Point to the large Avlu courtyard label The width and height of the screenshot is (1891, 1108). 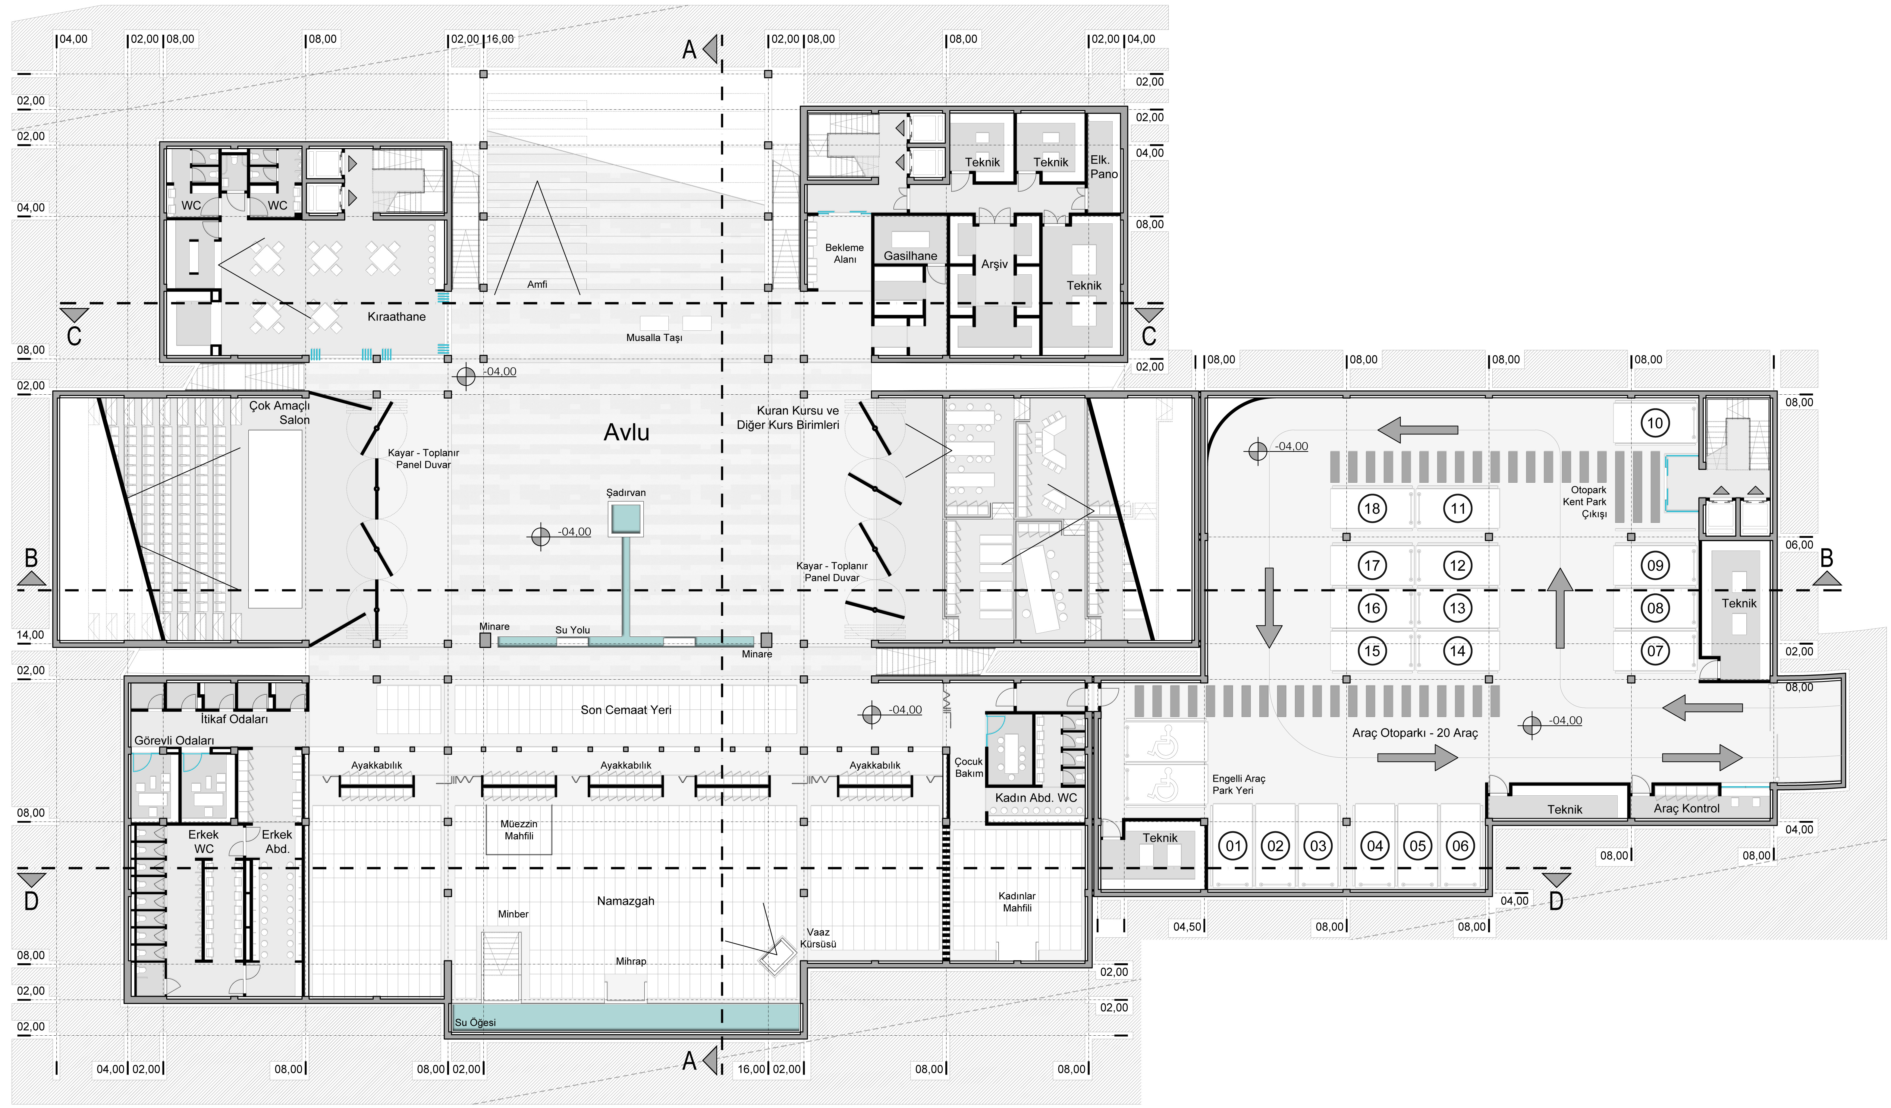click(627, 432)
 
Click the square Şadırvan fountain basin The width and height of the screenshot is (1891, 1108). click(626, 519)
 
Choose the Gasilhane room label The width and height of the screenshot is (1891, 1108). click(910, 256)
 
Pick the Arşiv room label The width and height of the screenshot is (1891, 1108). click(994, 264)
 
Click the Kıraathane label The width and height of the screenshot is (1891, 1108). click(396, 317)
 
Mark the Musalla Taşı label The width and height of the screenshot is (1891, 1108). click(654, 338)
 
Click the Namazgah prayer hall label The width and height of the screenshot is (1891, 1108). click(626, 901)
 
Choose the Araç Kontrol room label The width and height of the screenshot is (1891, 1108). click(1686, 809)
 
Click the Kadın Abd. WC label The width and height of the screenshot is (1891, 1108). click(1035, 798)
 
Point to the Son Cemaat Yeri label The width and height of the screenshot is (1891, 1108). click(626, 710)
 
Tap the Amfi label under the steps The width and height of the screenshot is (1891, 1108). click(537, 285)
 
